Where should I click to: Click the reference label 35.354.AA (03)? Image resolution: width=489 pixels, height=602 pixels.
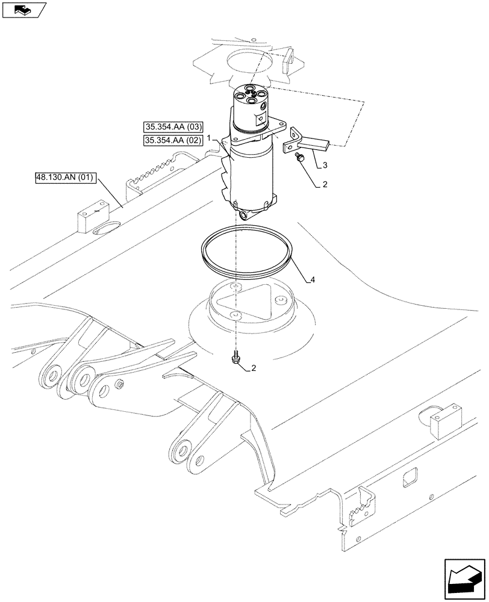point(174,127)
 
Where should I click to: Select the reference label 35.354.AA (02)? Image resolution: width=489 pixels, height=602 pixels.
point(174,140)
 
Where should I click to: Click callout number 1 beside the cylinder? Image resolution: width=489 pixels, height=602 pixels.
point(209,138)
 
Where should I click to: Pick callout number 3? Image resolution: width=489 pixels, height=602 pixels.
point(325,164)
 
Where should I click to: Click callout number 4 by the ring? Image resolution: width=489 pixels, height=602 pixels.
point(313,279)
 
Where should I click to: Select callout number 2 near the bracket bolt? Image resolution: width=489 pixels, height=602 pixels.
point(325,185)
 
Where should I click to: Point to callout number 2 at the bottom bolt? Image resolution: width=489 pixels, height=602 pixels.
point(254,368)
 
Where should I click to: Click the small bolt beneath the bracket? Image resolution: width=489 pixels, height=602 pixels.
point(299,157)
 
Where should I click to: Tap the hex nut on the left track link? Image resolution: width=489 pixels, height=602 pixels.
point(120,384)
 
